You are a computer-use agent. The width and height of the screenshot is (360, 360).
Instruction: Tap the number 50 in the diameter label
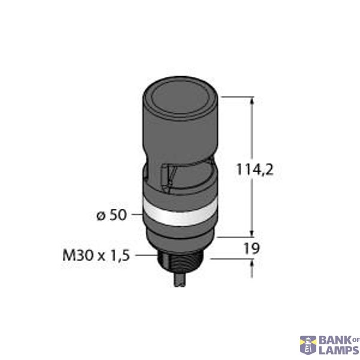[118, 214]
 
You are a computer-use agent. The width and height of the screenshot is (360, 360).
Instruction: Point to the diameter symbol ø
[100, 215]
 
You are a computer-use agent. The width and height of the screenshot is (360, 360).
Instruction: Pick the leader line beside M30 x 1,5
[147, 256]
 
